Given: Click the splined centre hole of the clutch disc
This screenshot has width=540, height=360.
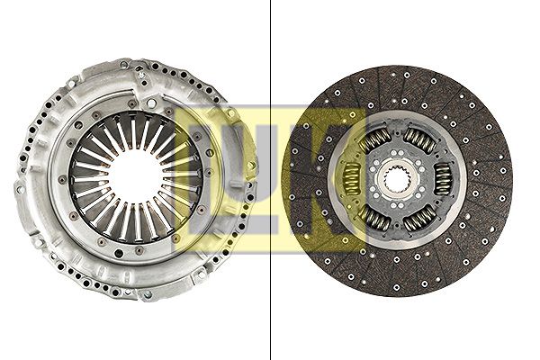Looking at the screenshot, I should click(x=396, y=179).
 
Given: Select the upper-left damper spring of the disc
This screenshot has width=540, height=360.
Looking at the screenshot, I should click(x=373, y=140).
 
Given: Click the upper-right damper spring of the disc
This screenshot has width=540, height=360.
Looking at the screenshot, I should click(x=419, y=139).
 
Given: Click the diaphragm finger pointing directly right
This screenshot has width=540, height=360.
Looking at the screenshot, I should click(x=183, y=177).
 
